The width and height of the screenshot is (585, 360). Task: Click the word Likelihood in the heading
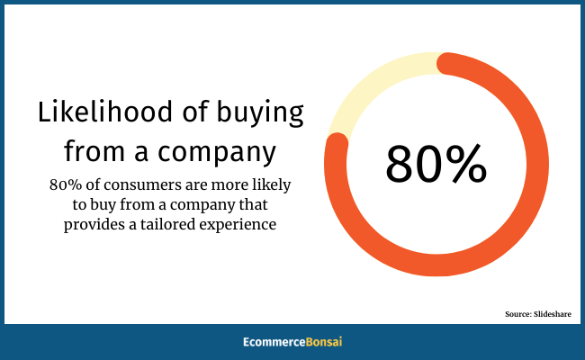tap(105, 112)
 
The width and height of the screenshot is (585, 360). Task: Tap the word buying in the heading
tap(260, 113)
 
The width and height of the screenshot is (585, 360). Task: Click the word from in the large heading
tap(94, 150)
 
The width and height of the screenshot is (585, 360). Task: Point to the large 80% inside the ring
tap(436, 164)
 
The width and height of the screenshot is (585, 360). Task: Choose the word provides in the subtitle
tap(95, 225)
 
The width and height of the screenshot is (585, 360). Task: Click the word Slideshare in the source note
tap(553, 314)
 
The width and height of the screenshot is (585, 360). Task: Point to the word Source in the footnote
tap(518, 314)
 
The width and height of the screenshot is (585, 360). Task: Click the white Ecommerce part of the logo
tap(274, 342)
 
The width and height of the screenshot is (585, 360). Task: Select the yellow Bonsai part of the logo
tap(324, 342)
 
